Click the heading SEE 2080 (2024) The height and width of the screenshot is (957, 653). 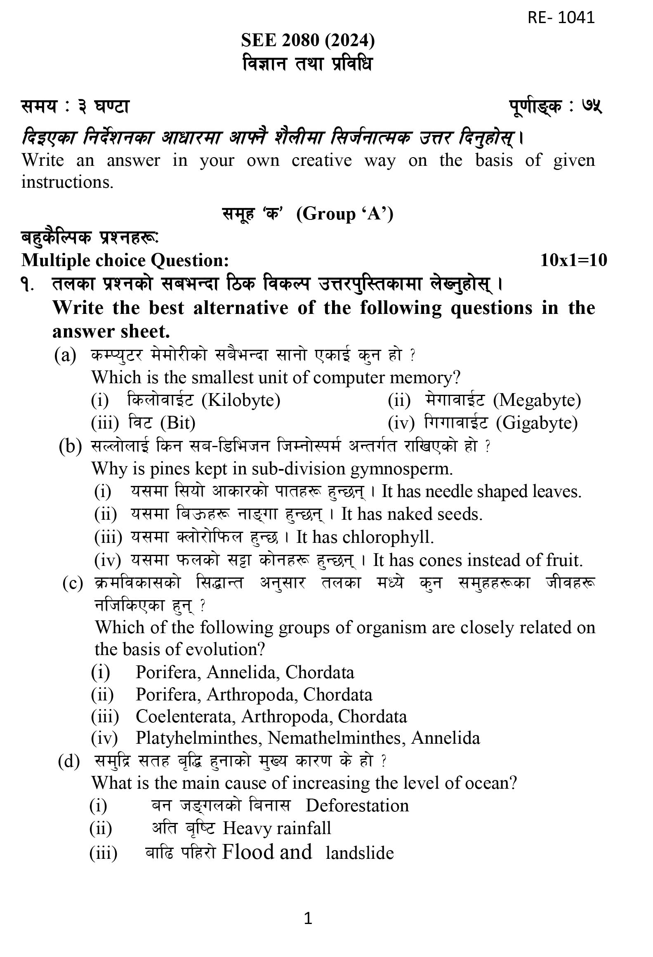click(x=308, y=40)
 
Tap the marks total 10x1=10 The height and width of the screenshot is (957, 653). click(x=573, y=260)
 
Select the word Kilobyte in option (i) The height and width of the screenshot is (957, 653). click(x=241, y=400)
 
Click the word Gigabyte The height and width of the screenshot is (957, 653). click(x=537, y=423)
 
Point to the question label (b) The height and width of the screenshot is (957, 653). click(x=70, y=446)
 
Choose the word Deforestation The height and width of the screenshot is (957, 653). click(x=357, y=805)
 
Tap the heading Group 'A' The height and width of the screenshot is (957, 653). click(x=345, y=214)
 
